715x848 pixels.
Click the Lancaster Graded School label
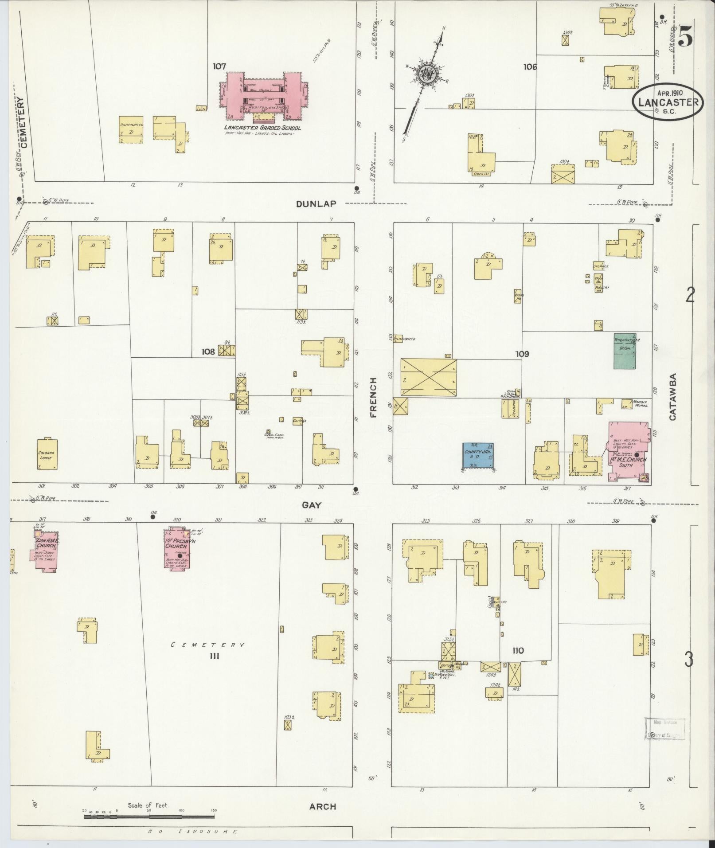tap(262, 128)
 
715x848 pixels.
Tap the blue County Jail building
tap(479, 455)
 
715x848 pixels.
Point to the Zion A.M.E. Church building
tap(46, 550)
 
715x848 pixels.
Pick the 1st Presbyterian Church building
tap(180, 549)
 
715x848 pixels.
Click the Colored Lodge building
tap(47, 454)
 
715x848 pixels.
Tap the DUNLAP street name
tap(316, 204)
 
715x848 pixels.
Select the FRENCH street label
tap(373, 398)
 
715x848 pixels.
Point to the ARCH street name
tap(322, 807)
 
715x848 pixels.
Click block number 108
tap(208, 352)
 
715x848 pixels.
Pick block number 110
tap(518, 651)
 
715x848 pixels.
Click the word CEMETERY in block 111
tap(207, 645)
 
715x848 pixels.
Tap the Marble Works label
tap(640, 403)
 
